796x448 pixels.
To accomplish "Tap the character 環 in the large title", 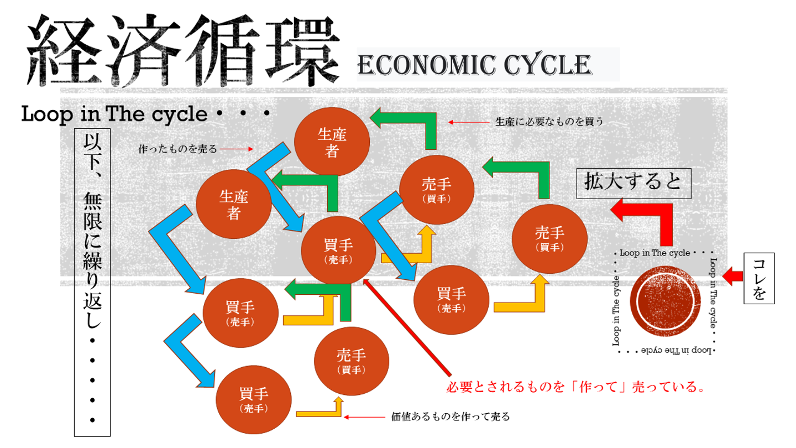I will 301,53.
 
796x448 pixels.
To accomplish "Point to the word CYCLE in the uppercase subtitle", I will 547,66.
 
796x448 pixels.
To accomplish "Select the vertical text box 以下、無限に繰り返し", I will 92,282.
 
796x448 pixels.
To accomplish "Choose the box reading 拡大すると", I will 634,183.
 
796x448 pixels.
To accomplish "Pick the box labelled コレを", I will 760,279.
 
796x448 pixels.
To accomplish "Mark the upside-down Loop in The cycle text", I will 669,351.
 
